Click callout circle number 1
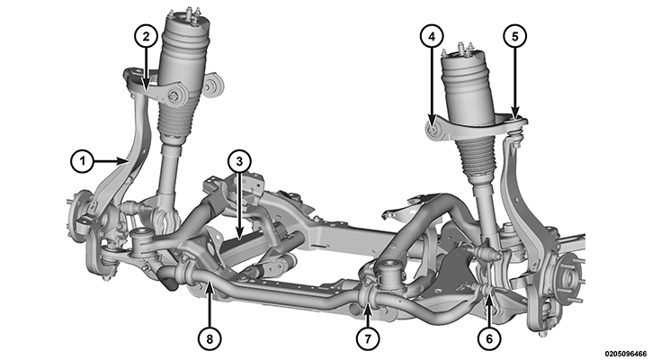pos(83,160)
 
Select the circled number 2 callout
pos(146,37)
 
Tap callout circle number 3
pos(239,162)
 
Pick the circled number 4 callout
pos(432,37)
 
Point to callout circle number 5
pos(515,37)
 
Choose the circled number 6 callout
pos(489,338)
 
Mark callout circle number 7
pos(368,338)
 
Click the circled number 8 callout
pos(210,338)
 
